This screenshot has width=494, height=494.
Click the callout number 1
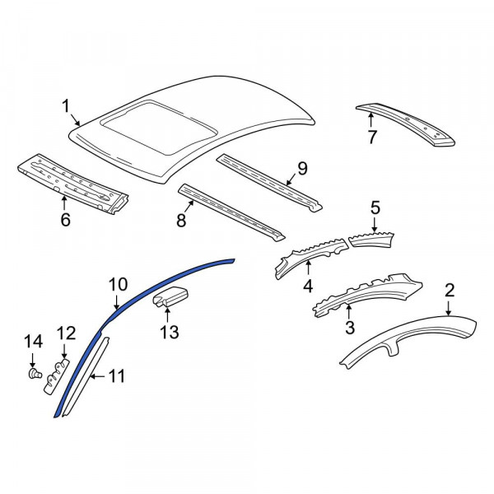coord(67,105)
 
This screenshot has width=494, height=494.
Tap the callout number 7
coord(371,137)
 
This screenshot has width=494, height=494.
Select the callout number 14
coord(32,341)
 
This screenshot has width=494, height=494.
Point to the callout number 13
coord(169,332)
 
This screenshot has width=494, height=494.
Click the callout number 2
coord(450,289)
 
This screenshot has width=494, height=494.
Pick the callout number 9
coord(301,169)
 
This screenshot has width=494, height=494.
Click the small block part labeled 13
coord(170,298)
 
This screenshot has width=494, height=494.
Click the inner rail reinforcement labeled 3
coord(362,292)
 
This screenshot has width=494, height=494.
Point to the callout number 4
coord(307,287)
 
